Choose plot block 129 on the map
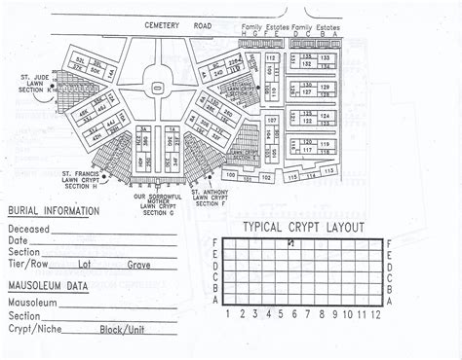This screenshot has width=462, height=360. tap(327, 87)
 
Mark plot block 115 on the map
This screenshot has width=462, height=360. tap(293, 177)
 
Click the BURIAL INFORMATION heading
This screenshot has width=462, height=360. tap(53, 211)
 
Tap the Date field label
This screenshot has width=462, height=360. tap(18, 240)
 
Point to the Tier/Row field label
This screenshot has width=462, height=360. tap(28, 264)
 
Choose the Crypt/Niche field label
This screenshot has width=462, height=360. tap(31, 328)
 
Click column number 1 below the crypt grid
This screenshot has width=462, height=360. tap(228, 314)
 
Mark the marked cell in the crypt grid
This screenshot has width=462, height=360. tap(290, 243)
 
